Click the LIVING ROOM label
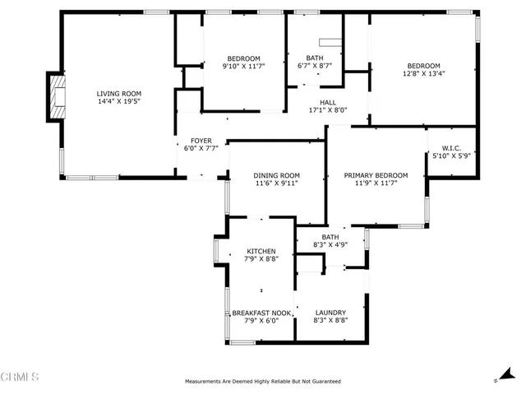(x=119, y=94)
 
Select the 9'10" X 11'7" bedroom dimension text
(x=244, y=66)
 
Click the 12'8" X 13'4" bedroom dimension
(x=424, y=74)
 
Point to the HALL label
(x=328, y=102)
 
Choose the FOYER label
(x=201, y=141)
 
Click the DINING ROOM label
(x=276, y=175)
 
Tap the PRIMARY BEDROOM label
(x=376, y=175)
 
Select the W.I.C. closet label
(x=452, y=148)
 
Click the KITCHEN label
(x=261, y=251)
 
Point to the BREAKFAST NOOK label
(x=261, y=313)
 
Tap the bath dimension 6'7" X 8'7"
(x=314, y=66)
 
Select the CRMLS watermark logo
(x=21, y=377)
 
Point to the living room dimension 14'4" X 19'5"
(x=119, y=102)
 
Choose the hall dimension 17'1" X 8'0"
(x=328, y=110)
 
